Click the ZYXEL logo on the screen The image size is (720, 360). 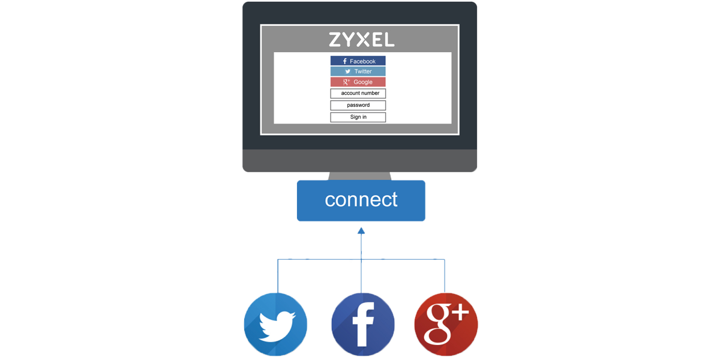361,40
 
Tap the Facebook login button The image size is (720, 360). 358,61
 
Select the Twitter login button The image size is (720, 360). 358,71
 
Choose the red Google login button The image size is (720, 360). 358,82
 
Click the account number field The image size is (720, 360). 358,94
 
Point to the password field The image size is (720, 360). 358,105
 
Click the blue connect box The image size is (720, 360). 361,200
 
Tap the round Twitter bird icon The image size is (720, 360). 275,325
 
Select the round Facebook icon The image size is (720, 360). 363,325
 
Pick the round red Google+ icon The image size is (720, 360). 446,325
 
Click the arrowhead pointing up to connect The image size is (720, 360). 361,230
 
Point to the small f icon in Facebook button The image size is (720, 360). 345,61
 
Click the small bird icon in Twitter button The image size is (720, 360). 347,71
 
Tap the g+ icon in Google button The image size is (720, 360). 346,82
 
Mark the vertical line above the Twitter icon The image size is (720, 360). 277,276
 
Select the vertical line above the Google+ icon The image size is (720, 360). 445,276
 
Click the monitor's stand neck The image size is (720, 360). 360,176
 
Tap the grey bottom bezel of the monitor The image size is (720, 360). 360,161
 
